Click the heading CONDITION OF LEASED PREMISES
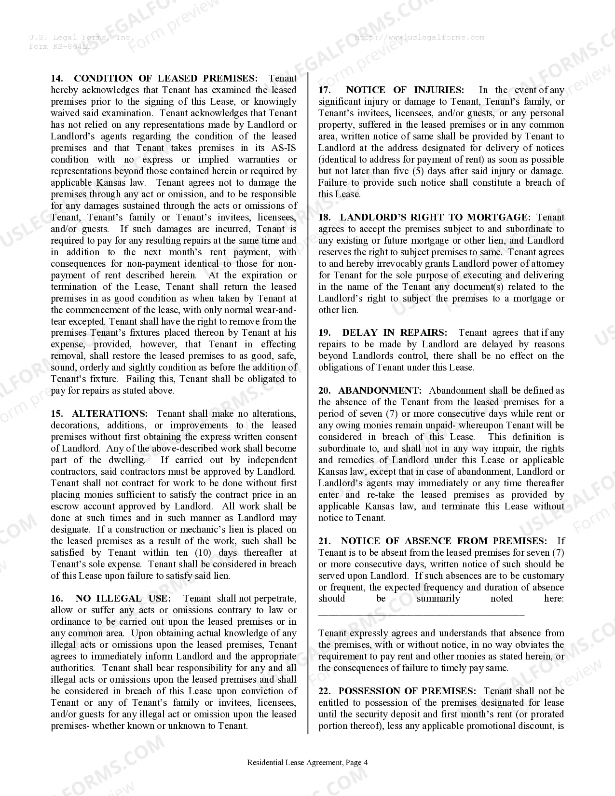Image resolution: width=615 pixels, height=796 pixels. click(165, 78)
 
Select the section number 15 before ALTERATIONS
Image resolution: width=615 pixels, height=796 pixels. click(57, 413)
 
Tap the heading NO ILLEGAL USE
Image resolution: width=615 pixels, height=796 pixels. click(123, 598)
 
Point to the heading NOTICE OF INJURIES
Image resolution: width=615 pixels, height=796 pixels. click(405, 90)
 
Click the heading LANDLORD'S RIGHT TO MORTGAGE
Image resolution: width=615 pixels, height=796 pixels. click(435, 217)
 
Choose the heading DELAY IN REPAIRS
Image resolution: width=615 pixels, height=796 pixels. click(395, 332)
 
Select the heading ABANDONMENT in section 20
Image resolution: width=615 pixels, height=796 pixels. click(380, 390)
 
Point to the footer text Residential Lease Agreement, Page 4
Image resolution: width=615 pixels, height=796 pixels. click(307, 763)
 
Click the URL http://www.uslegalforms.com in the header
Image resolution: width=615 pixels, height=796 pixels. click(419, 37)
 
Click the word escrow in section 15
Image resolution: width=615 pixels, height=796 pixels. click(64, 506)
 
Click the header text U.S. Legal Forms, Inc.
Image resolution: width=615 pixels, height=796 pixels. click(82, 37)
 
